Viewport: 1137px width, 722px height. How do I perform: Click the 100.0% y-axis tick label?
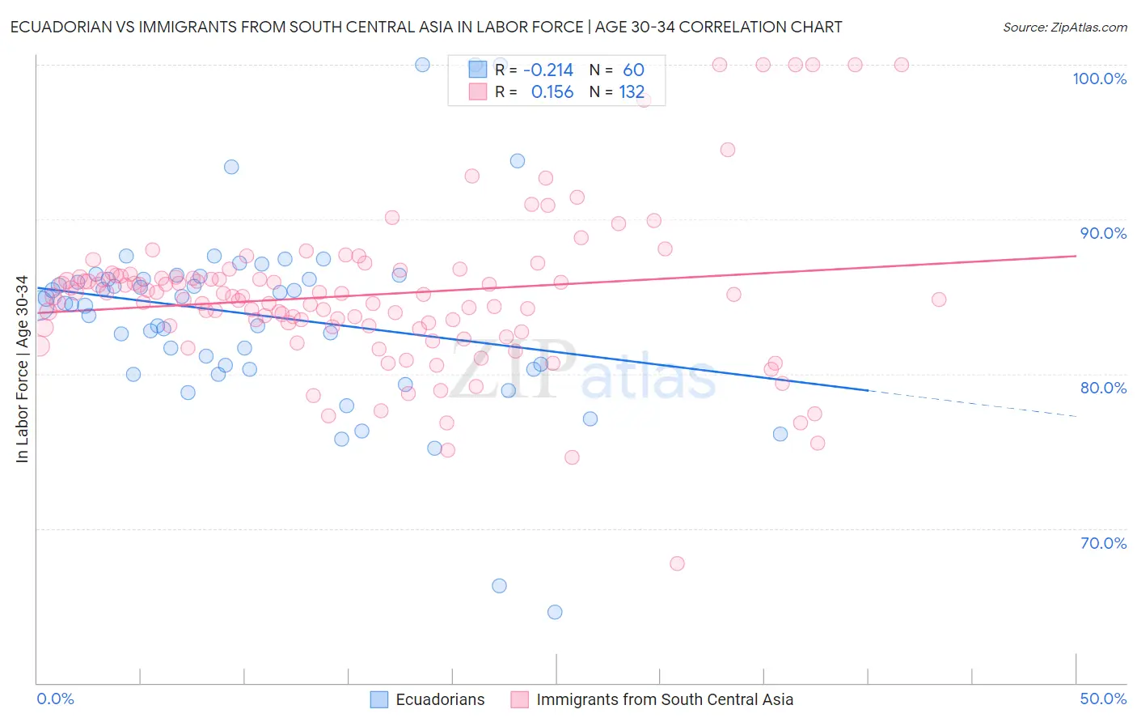click(x=1099, y=79)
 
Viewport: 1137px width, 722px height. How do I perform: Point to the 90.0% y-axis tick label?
click(x=1103, y=233)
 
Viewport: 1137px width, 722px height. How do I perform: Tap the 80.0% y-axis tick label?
click(x=1103, y=388)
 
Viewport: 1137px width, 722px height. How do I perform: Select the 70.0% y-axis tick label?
click(x=1103, y=543)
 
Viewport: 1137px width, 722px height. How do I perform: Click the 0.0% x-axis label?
click(x=55, y=699)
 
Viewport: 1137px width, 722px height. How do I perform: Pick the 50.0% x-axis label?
click(x=1103, y=699)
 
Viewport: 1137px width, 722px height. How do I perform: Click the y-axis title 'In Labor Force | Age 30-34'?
click(x=22, y=369)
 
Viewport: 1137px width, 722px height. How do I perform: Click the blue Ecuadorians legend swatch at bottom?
click(x=379, y=699)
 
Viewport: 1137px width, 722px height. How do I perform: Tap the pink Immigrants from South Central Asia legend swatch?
click(x=520, y=699)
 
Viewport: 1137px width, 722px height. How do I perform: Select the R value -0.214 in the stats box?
click(x=548, y=70)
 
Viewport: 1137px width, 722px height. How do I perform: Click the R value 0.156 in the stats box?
click(x=552, y=92)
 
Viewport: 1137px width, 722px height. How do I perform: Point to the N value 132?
click(x=632, y=92)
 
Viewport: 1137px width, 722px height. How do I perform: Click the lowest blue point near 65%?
click(x=555, y=612)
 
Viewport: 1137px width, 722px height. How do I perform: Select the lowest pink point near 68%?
click(x=678, y=563)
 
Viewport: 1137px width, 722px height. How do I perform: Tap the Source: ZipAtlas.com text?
click(x=1064, y=27)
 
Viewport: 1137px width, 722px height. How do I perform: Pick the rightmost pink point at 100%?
click(x=902, y=65)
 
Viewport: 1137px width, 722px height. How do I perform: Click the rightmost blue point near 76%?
click(x=780, y=434)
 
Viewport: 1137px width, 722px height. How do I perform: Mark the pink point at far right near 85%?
click(x=939, y=299)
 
